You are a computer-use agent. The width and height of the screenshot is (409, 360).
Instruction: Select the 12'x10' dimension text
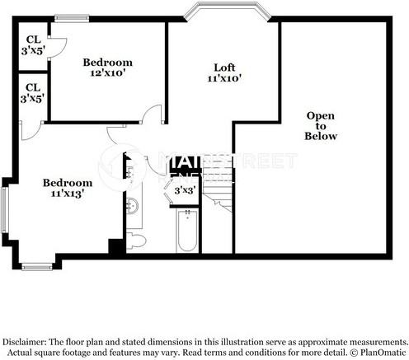point(108,74)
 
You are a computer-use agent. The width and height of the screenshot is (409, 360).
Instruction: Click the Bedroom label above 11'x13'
point(68,182)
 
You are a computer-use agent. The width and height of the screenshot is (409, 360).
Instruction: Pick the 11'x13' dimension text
point(68,194)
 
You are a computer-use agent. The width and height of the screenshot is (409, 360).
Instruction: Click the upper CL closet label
point(34,39)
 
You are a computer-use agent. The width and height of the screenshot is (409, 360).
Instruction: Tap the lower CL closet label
point(34,86)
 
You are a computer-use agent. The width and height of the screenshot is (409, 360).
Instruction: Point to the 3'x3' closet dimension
point(183,190)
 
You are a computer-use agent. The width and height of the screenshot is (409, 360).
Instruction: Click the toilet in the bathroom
point(138,240)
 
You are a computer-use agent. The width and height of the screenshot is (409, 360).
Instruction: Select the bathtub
point(186,231)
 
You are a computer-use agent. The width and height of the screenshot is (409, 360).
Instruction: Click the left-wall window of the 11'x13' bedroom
point(6,210)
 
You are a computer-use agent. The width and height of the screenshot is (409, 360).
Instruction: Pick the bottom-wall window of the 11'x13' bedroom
point(37,265)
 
